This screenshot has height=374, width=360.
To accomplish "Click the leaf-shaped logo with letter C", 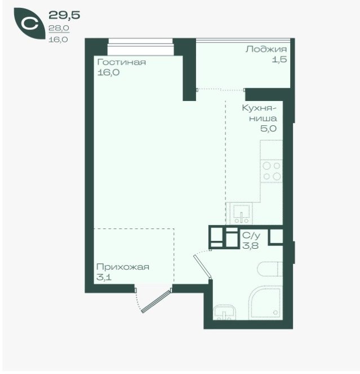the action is tap(29, 23).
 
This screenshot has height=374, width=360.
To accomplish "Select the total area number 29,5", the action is tap(64, 15).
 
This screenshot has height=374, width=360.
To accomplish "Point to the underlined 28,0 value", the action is tap(59, 28).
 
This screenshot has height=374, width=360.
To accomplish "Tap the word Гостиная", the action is tap(122, 62).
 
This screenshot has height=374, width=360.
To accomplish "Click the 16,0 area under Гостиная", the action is tap(108, 73).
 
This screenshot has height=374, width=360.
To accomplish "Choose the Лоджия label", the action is tap(266, 50).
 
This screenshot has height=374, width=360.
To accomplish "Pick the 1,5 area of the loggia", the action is tap(279, 59).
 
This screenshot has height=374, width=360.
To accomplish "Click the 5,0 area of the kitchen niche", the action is tap(268, 129).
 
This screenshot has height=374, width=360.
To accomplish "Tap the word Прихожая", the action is tap(123, 267).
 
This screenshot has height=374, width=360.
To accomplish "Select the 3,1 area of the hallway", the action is tap(104, 278).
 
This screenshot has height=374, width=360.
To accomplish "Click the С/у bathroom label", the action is tap(251, 235).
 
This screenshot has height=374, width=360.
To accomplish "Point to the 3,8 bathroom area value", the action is tap(250, 245).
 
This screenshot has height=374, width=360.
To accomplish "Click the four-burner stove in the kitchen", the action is tap(272, 171).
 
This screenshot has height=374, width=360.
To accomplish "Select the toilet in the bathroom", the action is tap(270, 269).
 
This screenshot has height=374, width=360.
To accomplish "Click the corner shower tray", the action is tap(266, 302).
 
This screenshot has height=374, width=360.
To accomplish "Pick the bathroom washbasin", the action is tap(225, 312).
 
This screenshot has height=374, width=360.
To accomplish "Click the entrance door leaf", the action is tap(156, 301).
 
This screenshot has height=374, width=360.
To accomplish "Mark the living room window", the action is tap(141, 47).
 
